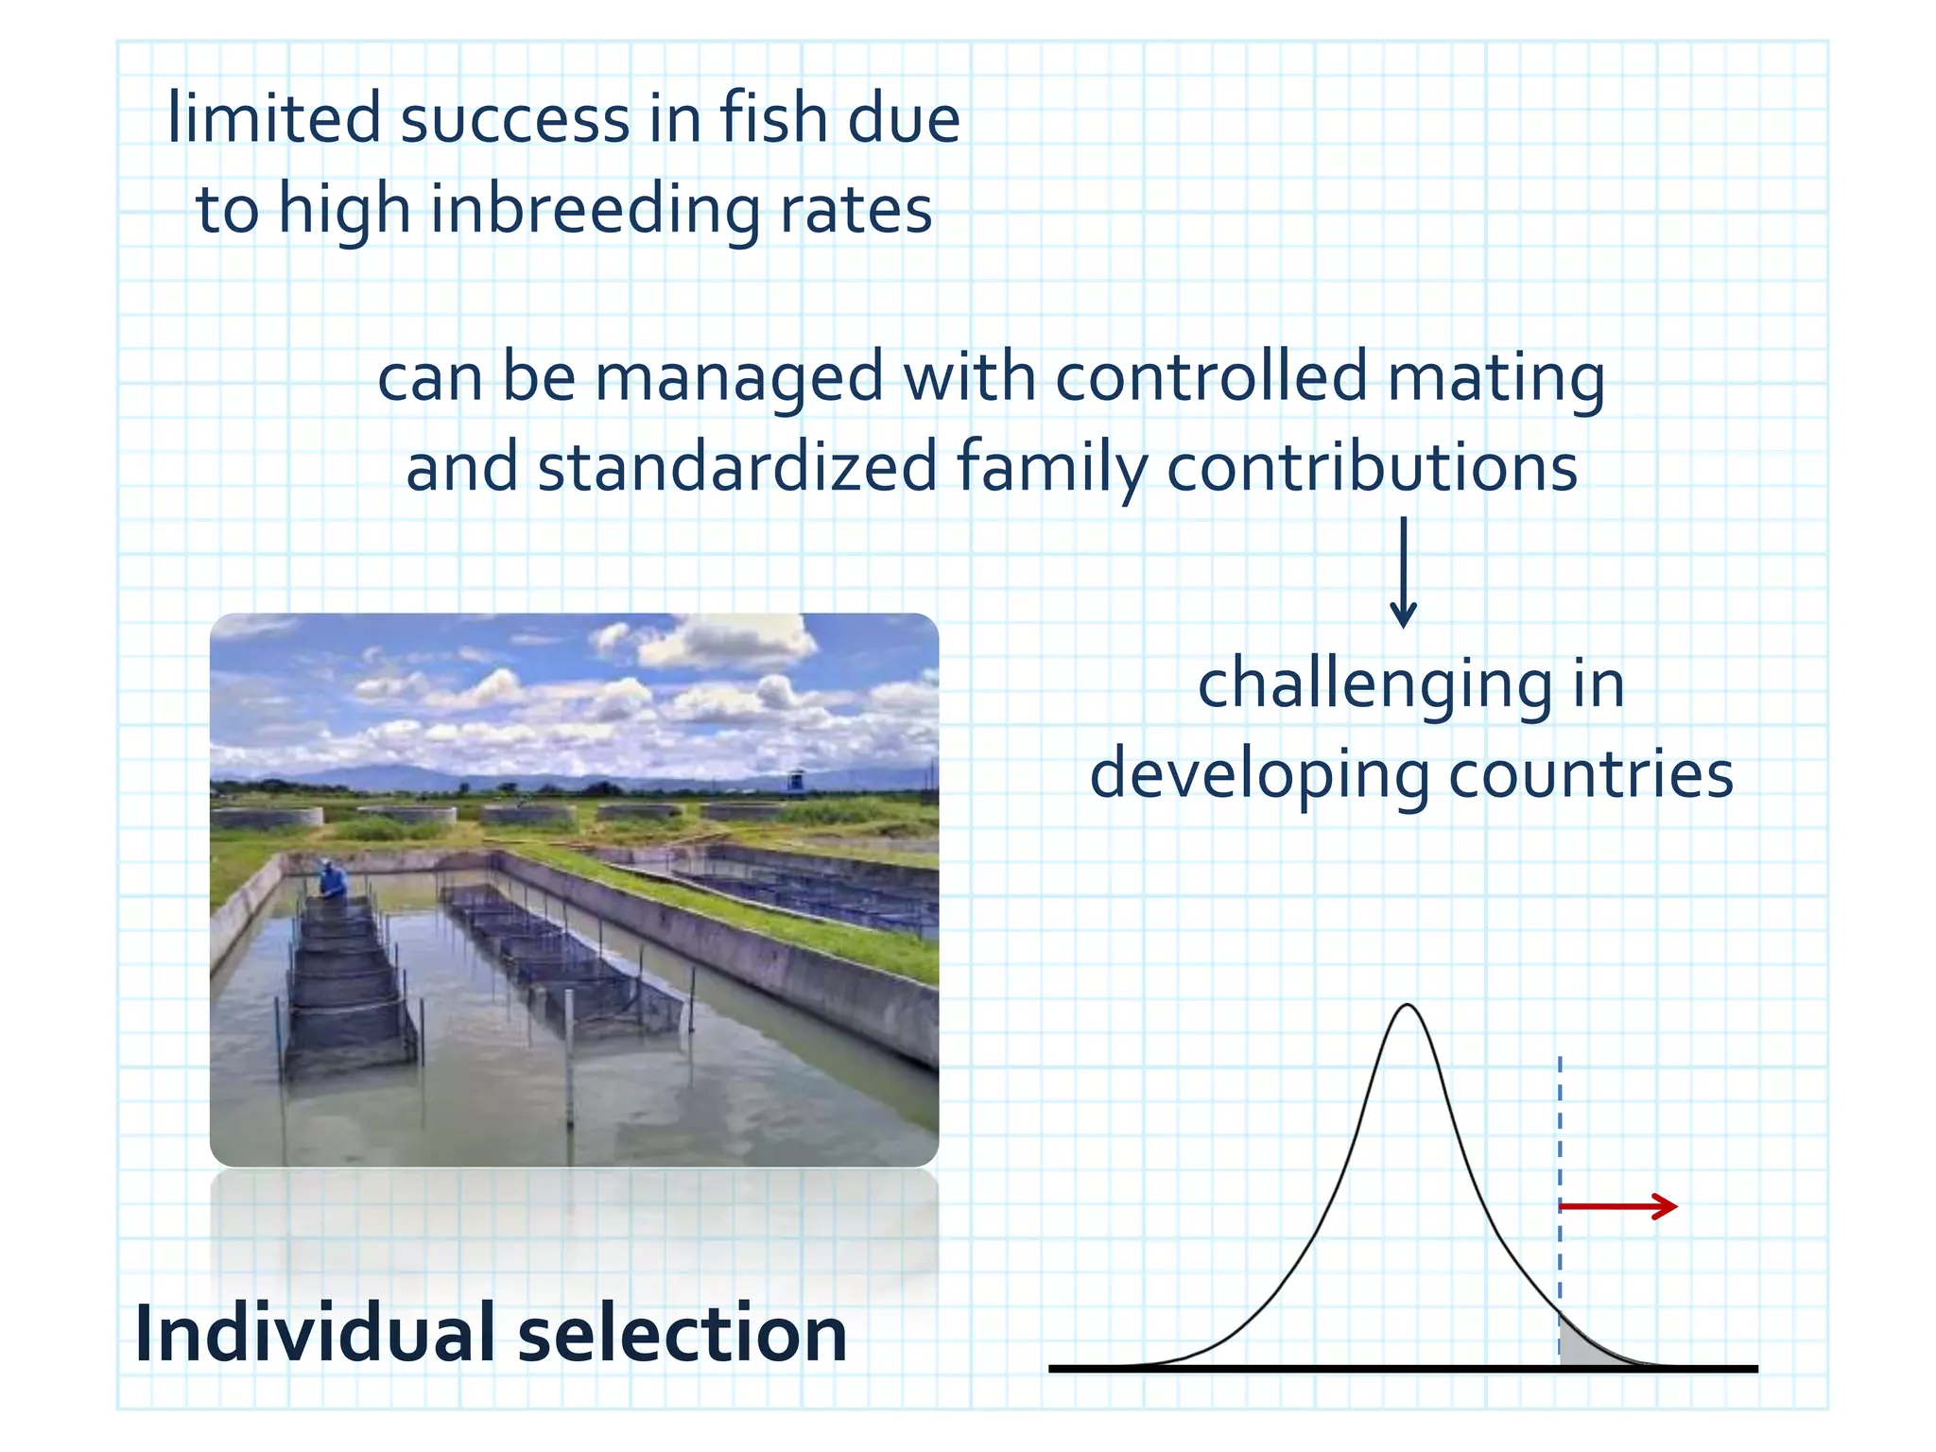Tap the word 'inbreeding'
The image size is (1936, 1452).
coord(595,209)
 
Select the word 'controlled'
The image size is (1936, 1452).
coord(1211,375)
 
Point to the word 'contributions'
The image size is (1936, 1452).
coord(1371,467)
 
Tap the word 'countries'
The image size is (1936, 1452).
coord(1591,774)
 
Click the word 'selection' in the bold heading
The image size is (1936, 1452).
coord(683,1333)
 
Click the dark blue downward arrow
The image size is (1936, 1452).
coord(1404,572)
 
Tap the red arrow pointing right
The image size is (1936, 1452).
coord(1617,1206)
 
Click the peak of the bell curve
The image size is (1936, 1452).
coord(1408,1008)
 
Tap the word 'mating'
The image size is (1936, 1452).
coord(1495,375)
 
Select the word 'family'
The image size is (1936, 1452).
coord(1051,467)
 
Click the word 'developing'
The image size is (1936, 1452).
coord(1259,774)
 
